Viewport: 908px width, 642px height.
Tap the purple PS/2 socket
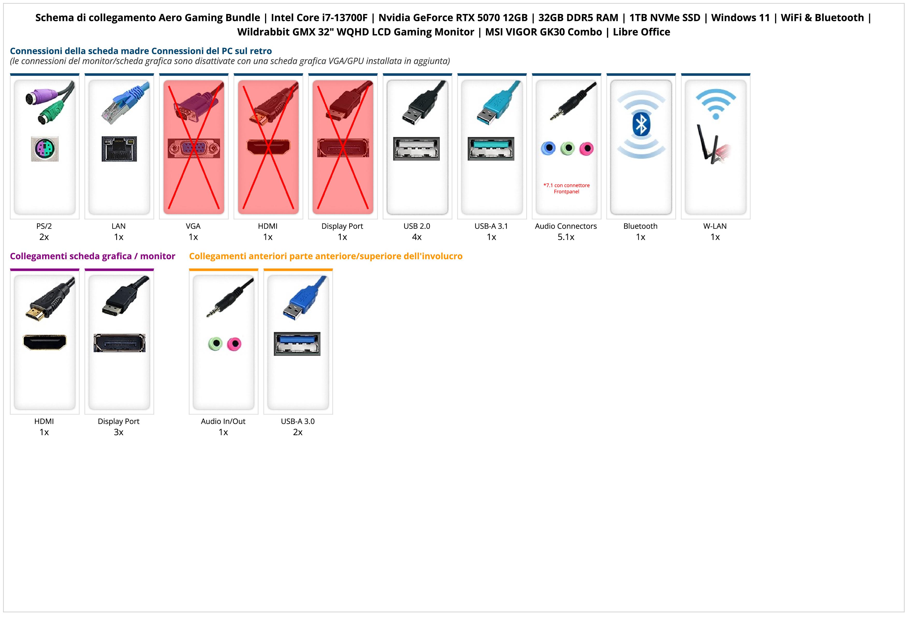coord(45,149)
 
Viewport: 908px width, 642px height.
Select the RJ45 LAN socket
coord(119,149)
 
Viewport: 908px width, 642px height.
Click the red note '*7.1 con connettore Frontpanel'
coord(566,188)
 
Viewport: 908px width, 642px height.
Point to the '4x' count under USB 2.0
coord(417,237)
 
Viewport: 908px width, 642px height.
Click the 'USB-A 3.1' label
coord(491,226)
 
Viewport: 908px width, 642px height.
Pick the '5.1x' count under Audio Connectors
coord(566,237)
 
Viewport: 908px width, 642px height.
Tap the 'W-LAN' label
coord(715,226)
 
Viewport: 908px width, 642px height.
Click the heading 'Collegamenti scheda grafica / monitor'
coord(93,256)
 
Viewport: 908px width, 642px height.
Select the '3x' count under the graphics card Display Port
coord(119,432)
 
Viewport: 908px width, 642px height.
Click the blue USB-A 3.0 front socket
coord(297,344)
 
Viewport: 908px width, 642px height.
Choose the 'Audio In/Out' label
coord(223,421)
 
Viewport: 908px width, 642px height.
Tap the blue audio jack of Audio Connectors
coord(548,148)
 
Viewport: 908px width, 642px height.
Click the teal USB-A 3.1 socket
coord(491,149)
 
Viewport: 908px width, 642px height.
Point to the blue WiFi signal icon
coord(716,104)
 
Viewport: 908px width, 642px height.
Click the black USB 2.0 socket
coord(416,149)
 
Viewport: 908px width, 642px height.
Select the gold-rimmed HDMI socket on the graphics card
coord(45,342)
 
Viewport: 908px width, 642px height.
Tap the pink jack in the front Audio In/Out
coord(234,344)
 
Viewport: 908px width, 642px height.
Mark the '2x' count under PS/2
coord(44,237)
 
